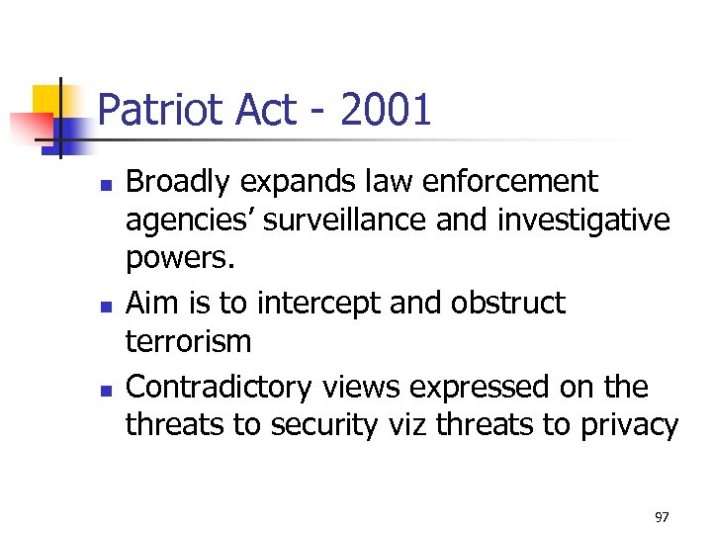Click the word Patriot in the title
(x=161, y=111)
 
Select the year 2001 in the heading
(x=386, y=111)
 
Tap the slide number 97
(x=662, y=517)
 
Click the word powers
(x=174, y=259)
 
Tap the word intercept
(x=315, y=303)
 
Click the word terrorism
(x=188, y=342)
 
